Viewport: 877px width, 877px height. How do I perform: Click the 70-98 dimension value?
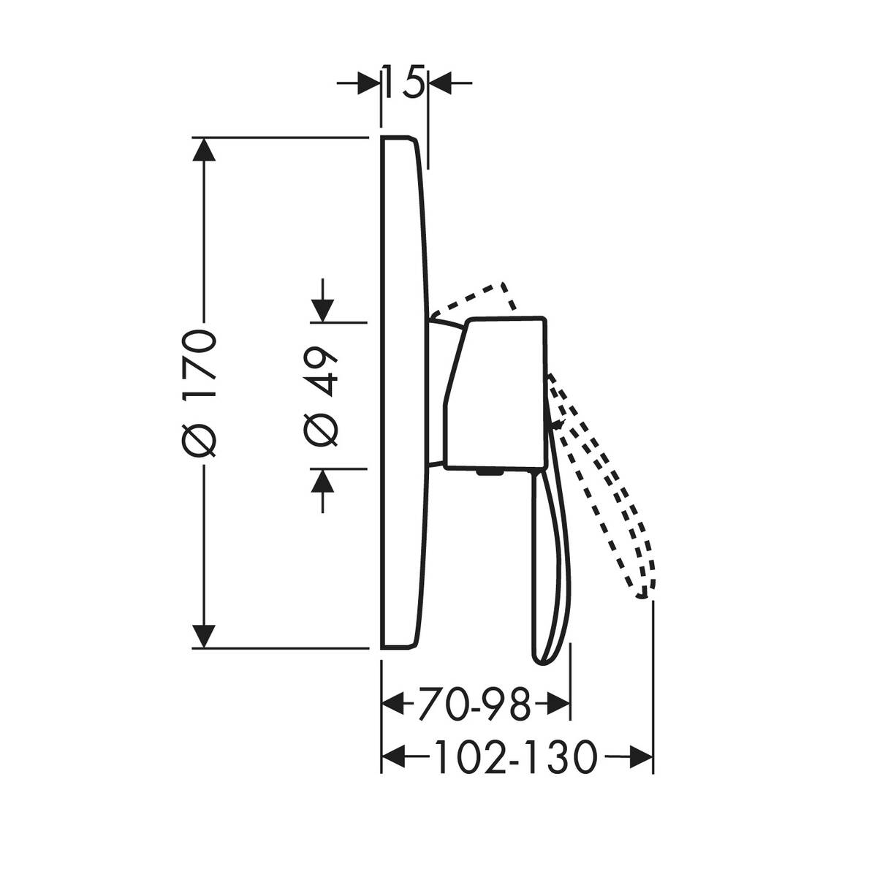pos(475,706)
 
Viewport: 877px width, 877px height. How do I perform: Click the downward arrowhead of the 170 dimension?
pos(204,636)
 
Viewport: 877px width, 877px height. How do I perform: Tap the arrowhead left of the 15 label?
pos(370,83)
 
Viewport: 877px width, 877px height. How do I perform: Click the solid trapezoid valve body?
pos(501,391)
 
